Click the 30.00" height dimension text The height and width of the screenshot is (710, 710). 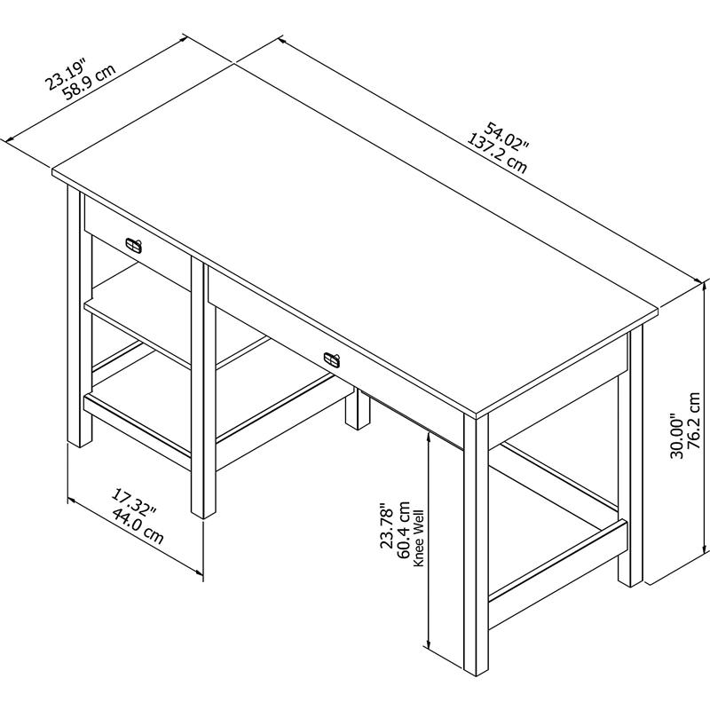676,437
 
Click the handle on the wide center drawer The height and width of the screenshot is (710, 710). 332,358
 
